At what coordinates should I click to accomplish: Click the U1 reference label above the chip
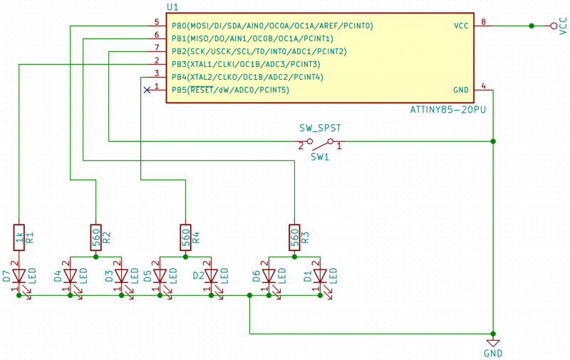coord(172,6)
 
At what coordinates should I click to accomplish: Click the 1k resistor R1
coord(19,237)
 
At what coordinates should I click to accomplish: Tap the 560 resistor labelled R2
coord(95,237)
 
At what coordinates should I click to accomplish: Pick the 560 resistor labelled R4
coord(185,237)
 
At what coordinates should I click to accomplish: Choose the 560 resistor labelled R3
coord(294,237)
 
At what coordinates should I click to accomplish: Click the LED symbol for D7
coord(19,276)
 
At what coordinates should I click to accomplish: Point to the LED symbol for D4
coord(70,276)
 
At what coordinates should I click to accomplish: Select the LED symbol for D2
coord(212,276)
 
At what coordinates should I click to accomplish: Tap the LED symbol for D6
coord(269,276)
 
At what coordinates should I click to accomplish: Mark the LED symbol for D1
coord(320,276)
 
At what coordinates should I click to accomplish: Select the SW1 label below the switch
coord(320,156)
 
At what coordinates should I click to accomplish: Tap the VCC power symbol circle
coord(554,26)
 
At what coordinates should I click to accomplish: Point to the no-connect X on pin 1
coord(147,90)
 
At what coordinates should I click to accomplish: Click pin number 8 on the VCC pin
coord(484,21)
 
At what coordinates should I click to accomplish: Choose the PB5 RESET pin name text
coord(230,90)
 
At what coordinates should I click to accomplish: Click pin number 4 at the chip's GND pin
coord(484,86)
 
